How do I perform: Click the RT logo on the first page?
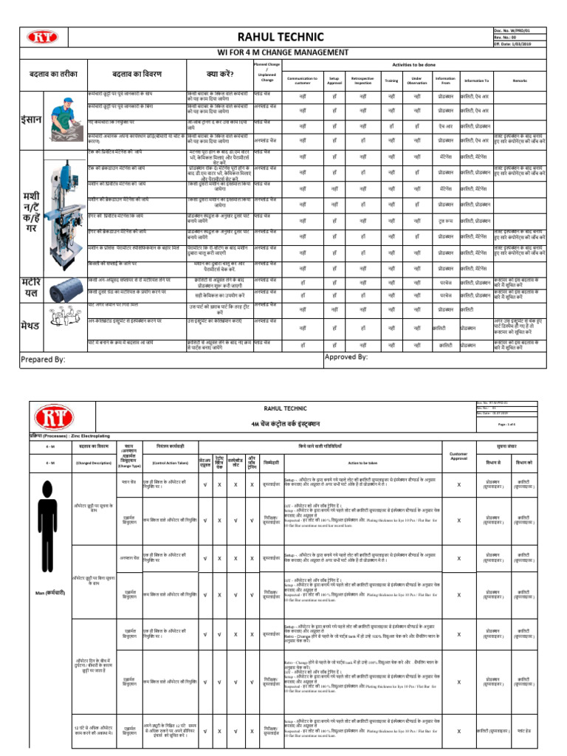click(41, 36)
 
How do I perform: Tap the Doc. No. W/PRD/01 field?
click(522, 30)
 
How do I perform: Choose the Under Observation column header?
click(417, 80)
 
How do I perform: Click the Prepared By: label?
click(44, 359)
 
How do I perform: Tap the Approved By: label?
click(346, 356)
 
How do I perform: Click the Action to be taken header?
click(362, 463)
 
